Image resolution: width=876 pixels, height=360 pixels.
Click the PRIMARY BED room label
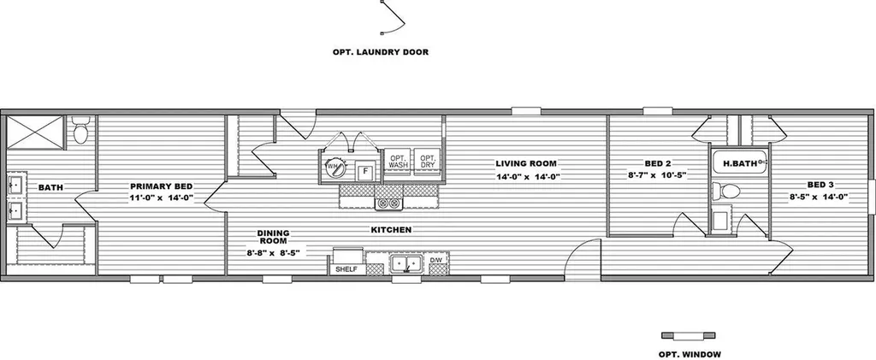162,186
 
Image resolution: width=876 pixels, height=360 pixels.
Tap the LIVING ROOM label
526,163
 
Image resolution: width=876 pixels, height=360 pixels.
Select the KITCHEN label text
391,229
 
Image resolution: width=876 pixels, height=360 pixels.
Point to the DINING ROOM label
273,237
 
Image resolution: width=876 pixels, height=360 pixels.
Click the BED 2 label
657,163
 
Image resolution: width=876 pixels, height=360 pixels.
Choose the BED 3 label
820,185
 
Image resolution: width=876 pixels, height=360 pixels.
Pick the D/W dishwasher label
435,261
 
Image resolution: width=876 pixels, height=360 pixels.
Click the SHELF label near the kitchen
347,269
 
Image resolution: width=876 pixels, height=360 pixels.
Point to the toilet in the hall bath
726,192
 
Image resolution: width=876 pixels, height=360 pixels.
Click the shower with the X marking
36,133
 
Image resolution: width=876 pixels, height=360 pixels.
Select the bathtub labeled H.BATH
739,162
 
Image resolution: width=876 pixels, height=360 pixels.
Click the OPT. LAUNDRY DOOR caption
381,52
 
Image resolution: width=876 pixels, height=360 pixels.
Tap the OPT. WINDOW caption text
690,354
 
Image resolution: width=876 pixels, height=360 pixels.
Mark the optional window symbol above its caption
689,335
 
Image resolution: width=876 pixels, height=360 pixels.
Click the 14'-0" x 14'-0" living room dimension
527,177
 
